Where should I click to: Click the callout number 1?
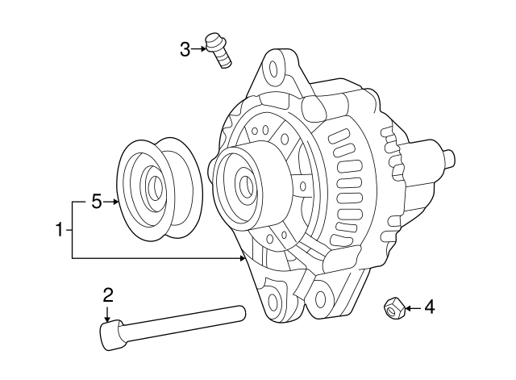pos(59,230)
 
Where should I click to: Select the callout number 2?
pos(108,294)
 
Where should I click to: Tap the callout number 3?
pos(185,50)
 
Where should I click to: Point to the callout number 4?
pos(429,307)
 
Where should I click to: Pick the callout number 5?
pos(96,201)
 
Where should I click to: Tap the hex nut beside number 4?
pos(393,307)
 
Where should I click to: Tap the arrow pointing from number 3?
pos(199,50)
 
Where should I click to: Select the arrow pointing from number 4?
pos(410,307)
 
